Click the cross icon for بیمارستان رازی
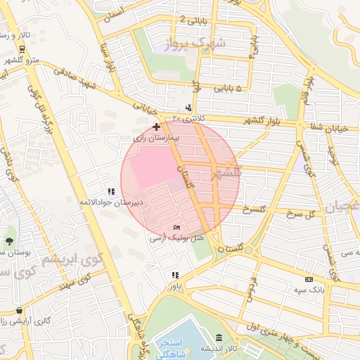click(x=155, y=126)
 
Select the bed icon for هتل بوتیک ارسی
click(x=176, y=227)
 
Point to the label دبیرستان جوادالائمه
click(x=110, y=202)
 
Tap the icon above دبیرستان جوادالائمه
click(x=110, y=191)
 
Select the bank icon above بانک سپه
click(x=308, y=279)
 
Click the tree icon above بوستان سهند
click(x=9, y=241)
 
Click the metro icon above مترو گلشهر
click(x=22, y=49)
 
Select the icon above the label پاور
click(x=174, y=275)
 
